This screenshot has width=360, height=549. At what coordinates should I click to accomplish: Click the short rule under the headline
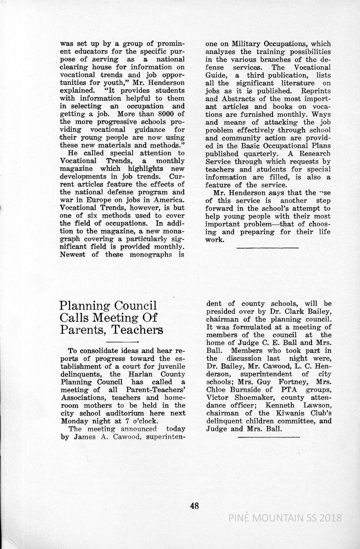point(122,342)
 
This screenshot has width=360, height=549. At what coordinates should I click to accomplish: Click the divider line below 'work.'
point(268,248)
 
